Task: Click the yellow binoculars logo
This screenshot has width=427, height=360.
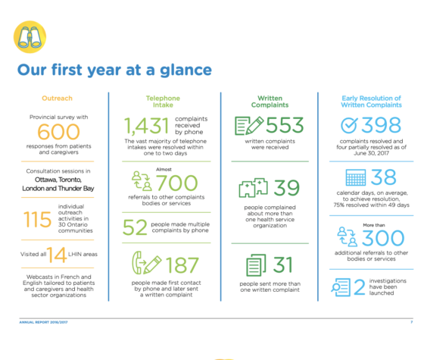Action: click(x=30, y=37)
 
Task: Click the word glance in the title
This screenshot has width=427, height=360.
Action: click(x=185, y=70)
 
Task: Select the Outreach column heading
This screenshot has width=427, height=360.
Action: click(x=58, y=99)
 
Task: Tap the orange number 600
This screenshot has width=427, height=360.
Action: click(x=58, y=132)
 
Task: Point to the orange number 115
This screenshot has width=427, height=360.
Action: click(x=37, y=219)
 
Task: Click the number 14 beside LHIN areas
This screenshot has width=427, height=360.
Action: click(x=57, y=255)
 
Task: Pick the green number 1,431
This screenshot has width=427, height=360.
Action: click(x=147, y=126)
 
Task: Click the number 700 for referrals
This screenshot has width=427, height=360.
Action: click(x=176, y=183)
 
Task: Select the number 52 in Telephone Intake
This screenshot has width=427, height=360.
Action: click(x=135, y=227)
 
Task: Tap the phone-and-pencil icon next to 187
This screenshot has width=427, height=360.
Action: click(x=147, y=263)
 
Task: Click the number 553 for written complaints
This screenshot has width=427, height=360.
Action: click(x=285, y=125)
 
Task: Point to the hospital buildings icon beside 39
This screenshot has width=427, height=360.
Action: click(x=254, y=188)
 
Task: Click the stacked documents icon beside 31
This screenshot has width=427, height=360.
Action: click(x=256, y=265)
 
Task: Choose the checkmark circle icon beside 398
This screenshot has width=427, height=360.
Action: click(x=349, y=125)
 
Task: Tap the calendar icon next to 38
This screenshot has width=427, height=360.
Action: click(x=356, y=177)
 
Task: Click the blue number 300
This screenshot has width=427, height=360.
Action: click(x=383, y=238)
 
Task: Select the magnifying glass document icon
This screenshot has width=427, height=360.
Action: click(x=341, y=287)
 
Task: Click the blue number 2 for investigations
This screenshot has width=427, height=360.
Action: click(x=360, y=287)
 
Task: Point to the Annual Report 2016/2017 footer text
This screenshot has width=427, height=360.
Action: click(x=43, y=322)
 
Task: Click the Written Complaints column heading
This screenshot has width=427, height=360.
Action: click(x=270, y=102)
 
